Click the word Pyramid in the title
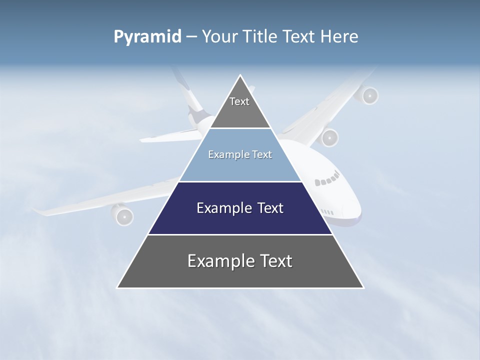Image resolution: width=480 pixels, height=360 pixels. tap(147, 37)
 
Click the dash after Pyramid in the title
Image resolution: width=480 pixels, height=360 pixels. tap(191, 37)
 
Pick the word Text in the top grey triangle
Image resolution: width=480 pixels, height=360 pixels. tap(239, 101)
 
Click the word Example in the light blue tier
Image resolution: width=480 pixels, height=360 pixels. tap(224, 154)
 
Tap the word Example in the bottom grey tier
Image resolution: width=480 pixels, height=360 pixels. tap(218, 261)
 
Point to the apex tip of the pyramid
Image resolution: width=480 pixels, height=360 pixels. tap(240, 75)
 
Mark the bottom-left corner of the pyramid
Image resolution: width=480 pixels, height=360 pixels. tap(117, 287)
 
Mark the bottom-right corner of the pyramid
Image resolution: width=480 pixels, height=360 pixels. tap(363, 287)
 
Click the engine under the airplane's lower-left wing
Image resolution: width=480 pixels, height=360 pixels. tap(123, 215)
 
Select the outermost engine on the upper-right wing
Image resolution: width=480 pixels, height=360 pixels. tap(369, 95)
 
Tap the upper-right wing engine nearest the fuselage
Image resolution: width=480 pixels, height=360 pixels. tap(329, 137)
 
